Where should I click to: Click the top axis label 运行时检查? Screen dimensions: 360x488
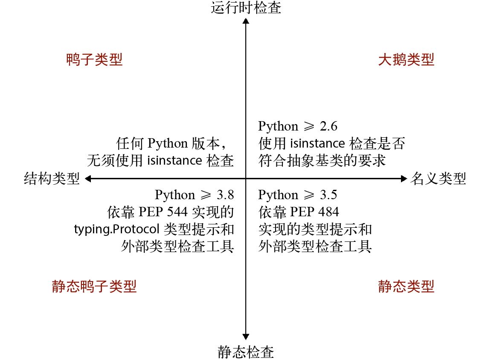click(246, 7)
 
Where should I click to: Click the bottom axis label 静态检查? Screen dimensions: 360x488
click(246, 352)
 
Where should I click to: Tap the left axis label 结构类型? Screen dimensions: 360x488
click(52, 179)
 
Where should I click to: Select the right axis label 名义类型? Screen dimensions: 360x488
click(438, 179)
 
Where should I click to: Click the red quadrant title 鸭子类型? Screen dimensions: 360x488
click(95, 60)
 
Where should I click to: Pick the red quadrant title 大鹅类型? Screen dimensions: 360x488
click(406, 60)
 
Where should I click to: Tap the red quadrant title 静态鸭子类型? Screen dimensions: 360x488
click(94, 286)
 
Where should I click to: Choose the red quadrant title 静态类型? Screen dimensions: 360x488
click(406, 286)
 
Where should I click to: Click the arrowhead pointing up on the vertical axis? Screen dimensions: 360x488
click(246, 21)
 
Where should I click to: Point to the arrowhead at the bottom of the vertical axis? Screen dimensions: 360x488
click(246, 337)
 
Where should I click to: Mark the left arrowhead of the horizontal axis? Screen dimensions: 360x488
click(88, 179)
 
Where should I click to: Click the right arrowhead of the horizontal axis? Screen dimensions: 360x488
click(404, 179)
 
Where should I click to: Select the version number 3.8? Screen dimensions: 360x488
click(225, 195)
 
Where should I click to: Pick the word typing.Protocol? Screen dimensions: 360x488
click(116, 229)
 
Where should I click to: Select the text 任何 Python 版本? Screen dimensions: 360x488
click(174, 143)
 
